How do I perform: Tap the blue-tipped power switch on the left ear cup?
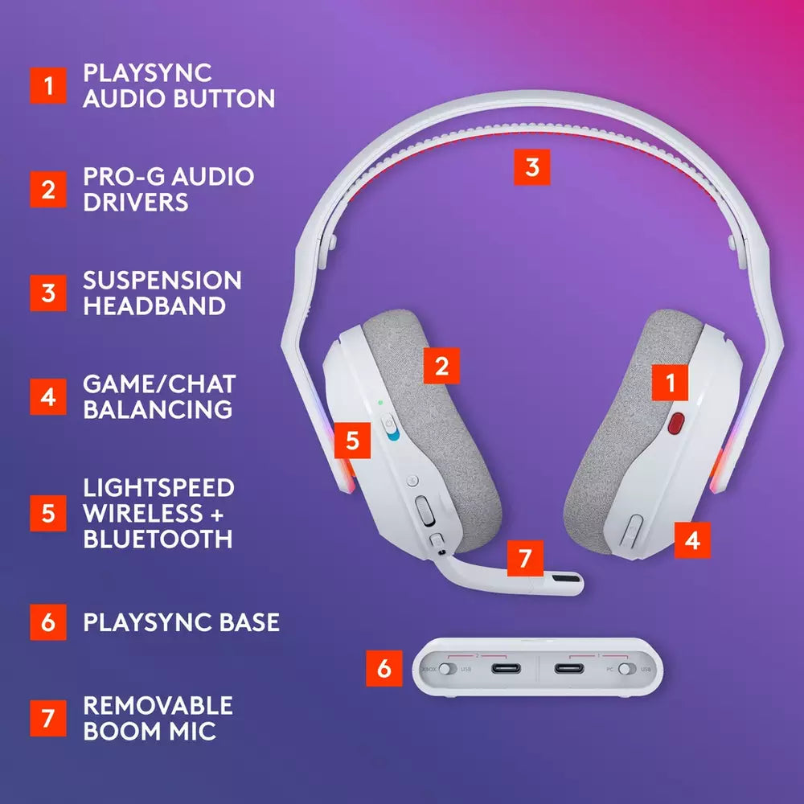[x=391, y=428]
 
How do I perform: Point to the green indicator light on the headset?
[x=379, y=401]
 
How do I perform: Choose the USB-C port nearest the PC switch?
[x=569, y=669]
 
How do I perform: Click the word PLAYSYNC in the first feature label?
[x=147, y=72]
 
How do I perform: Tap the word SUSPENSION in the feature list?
[x=162, y=280]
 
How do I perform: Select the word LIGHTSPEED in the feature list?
[x=158, y=487]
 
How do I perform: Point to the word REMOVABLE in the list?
[x=158, y=705]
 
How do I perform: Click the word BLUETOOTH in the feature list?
[x=158, y=538]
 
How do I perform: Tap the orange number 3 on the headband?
[x=531, y=167]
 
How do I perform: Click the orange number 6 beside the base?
[x=384, y=669]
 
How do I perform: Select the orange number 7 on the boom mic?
[x=525, y=558]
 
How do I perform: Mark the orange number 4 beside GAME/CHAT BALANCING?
[x=48, y=397]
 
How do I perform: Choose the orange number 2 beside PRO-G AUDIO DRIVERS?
[x=48, y=190]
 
